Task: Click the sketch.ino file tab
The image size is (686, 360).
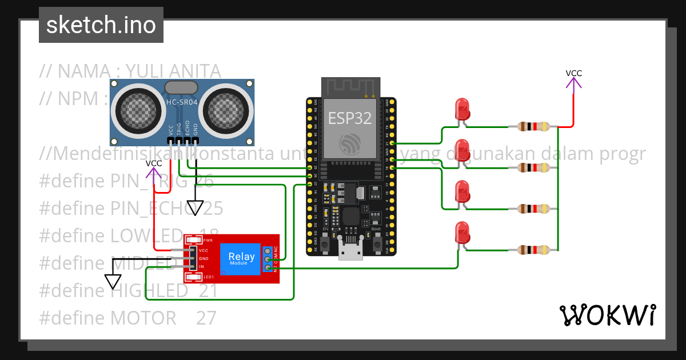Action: pyautogui.click(x=101, y=25)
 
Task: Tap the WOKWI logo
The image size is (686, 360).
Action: pyautogui.click(x=607, y=315)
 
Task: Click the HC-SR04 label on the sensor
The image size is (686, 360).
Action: pyautogui.click(x=181, y=102)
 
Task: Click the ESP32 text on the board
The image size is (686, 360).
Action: pyautogui.click(x=349, y=118)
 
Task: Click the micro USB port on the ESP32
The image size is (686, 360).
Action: pyautogui.click(x=350, y=250)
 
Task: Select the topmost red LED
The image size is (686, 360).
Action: pyautogui.click(x=461, y=109)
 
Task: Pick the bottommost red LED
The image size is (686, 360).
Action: pyautogui.click(x=461, y=232)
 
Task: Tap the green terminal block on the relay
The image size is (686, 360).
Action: pyautogui.click(x=268, y=259)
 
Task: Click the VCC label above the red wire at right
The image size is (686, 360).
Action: pyautogui.click(x=573, y=73)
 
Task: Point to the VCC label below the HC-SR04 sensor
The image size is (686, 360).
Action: pyautogui.click(x=153, y=163)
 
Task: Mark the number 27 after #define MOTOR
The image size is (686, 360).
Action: pyautogui.click(x=206, y=318)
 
